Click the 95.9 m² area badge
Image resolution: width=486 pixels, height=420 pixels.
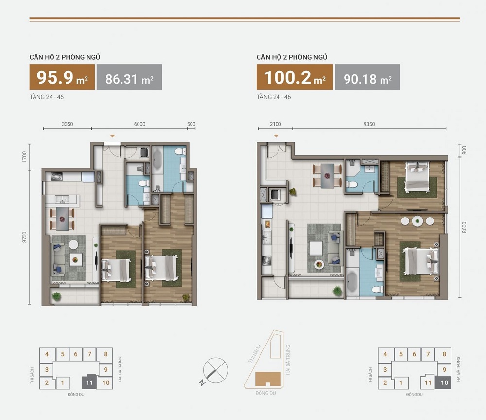point(62,77)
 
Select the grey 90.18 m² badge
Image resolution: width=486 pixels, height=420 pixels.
point(367,77)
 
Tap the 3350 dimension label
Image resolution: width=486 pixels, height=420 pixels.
point(67,124)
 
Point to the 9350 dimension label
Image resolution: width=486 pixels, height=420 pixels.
point(369,124)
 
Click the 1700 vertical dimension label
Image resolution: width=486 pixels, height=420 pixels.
point(24,157)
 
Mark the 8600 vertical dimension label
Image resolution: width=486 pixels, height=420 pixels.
point(464,227)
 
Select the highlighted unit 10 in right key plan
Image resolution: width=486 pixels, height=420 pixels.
point(444,383)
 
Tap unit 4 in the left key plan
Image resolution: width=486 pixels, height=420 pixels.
point(47,354)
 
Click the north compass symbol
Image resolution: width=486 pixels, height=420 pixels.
point(214,371)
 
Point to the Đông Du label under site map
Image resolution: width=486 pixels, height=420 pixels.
point(266,393)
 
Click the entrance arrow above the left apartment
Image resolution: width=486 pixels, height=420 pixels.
point(113,136)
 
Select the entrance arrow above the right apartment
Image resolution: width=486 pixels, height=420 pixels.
point(276,136)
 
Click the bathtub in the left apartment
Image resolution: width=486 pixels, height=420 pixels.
point(157,159)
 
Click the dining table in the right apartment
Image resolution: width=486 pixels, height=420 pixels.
point(328,176)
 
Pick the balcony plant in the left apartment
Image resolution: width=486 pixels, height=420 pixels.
point(56,297)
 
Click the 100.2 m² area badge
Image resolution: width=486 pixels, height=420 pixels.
point(295,77)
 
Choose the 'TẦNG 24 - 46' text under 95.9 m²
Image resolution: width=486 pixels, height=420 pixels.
point(47,97)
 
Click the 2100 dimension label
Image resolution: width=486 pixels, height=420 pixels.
point(275,124)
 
